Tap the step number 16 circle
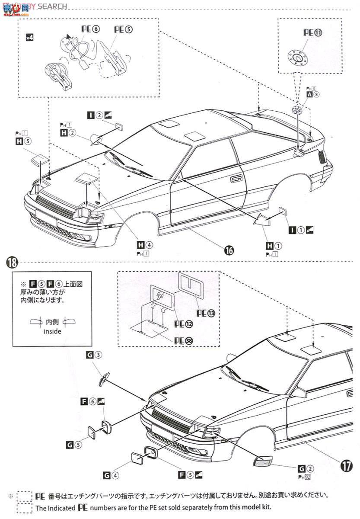click(x=229, y=250)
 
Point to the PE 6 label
click(x=90, y=29)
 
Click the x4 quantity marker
click(x=29, y=37)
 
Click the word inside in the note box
click(x=52, y=332)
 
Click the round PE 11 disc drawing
click(x=298, y=55)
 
